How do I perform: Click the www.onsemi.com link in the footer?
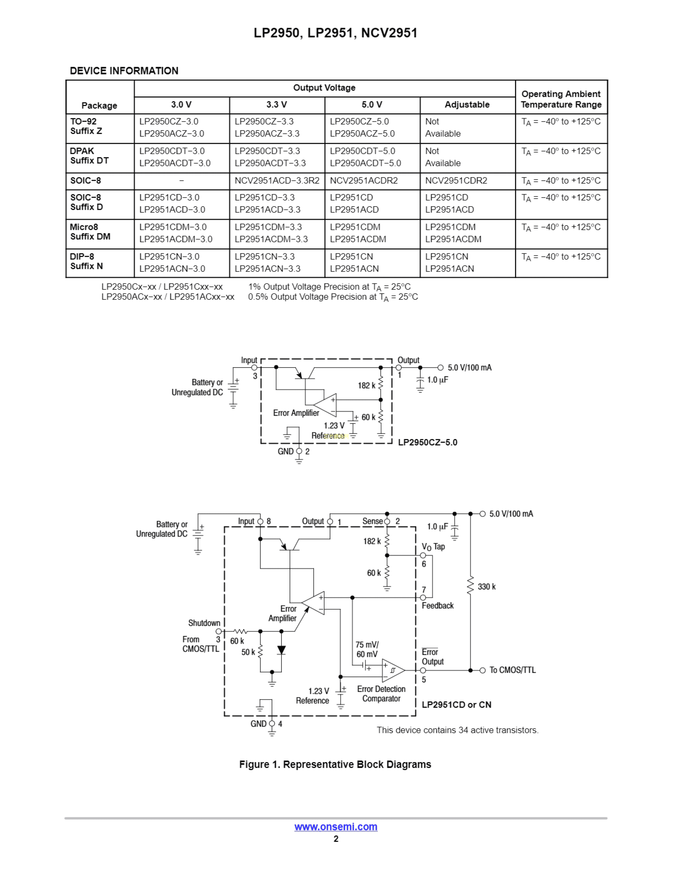[336, 827]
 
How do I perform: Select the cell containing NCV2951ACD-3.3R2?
[277, 181]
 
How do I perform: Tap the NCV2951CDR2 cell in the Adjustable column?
[456, 181]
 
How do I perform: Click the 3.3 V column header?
[277, 105]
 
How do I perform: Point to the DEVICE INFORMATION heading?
[124, 71]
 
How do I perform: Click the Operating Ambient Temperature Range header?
[561, 99]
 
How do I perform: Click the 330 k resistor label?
[486, 587]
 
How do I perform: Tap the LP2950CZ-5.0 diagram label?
[427, 442]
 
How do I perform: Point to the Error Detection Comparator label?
[381, 694]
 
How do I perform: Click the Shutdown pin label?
[204, 623]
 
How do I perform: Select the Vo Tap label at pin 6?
[433, 547]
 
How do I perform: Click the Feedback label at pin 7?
[437, 606]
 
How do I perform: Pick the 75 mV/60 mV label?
[367, 649]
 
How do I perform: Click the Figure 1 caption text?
[335, 765]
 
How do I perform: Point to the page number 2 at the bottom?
[336, 839]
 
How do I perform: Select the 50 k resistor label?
[248, 652]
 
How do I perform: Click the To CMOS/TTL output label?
[512, 670]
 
